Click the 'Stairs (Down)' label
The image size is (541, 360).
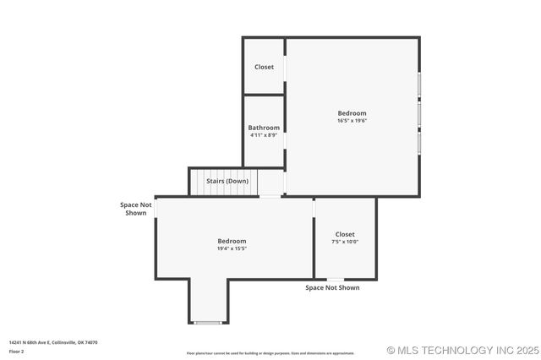227,181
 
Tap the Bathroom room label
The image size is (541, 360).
264,128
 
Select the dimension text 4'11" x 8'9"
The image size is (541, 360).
264,135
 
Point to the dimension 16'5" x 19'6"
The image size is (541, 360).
352,121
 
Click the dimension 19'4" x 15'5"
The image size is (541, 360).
232,248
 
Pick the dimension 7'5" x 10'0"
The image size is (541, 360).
345,242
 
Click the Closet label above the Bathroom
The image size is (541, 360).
264,67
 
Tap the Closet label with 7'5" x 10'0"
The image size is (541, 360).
345,234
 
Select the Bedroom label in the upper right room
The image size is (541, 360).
352,113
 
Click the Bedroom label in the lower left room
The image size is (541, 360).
232,241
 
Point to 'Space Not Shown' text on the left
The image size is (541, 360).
135,208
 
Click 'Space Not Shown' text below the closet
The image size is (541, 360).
332,288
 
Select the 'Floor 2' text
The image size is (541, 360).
17,351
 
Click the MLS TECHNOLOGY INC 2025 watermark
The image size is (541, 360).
462,350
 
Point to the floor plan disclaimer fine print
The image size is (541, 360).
270,353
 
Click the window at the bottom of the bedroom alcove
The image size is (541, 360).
208,323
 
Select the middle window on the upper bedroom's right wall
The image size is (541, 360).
418,113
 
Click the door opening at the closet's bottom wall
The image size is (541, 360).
336,279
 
